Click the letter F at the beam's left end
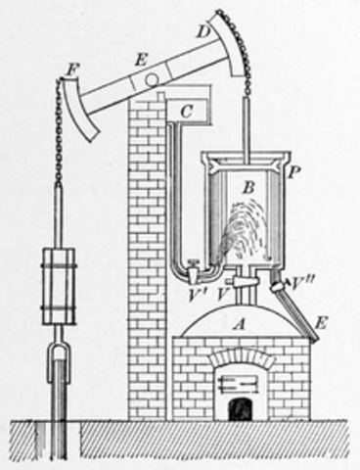69,70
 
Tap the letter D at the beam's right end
202,31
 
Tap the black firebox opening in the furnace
239,406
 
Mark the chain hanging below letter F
60,137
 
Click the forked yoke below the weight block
57,357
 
